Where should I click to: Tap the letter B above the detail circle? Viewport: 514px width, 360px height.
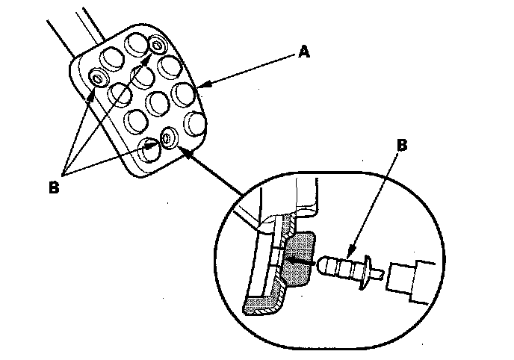point(403,144)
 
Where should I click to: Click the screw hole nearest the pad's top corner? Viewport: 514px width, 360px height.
point(158,46)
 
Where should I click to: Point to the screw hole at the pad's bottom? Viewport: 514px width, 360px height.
point(168,139)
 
